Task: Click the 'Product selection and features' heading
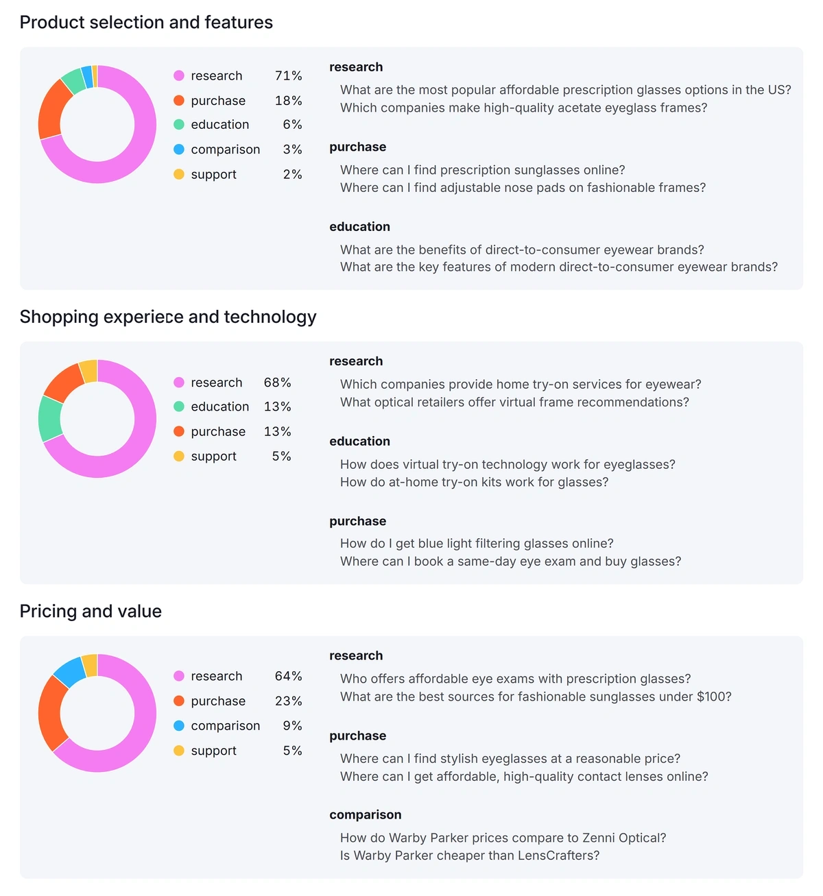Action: (146, 23)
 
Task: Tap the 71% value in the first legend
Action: (288, 76)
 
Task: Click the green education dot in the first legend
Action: (179, 125)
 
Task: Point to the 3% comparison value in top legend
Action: (292, 149)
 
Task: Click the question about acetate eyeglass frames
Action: (523, 108)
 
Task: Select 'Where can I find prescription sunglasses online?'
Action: (482, 170)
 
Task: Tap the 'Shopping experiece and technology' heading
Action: (168, 317)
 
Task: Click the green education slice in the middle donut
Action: (49, 418)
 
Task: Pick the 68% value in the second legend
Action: (277, 383)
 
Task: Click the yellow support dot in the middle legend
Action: (179, 457)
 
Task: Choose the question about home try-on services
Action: (521, 385)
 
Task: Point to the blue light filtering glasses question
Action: (477, 544)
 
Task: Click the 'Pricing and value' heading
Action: (91, 612)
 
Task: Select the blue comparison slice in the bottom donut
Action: (69, 671)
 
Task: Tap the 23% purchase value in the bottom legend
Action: (288, 701)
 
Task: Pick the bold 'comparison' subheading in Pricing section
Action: (365, 815)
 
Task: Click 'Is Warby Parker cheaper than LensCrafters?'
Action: (470, 856)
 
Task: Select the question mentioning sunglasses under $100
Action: (536, 697)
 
